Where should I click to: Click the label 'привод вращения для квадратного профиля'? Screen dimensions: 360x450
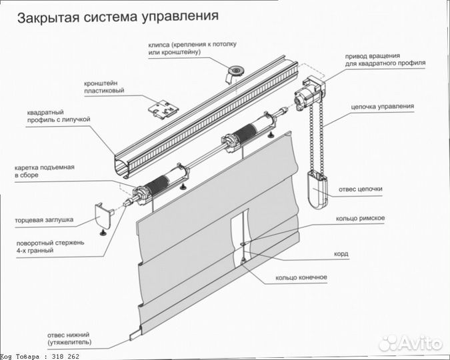385,59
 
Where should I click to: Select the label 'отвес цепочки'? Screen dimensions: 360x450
360,189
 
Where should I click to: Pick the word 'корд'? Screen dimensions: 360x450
341,254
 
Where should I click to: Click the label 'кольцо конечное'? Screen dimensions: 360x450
301,277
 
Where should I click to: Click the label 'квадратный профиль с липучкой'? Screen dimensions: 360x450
59,115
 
